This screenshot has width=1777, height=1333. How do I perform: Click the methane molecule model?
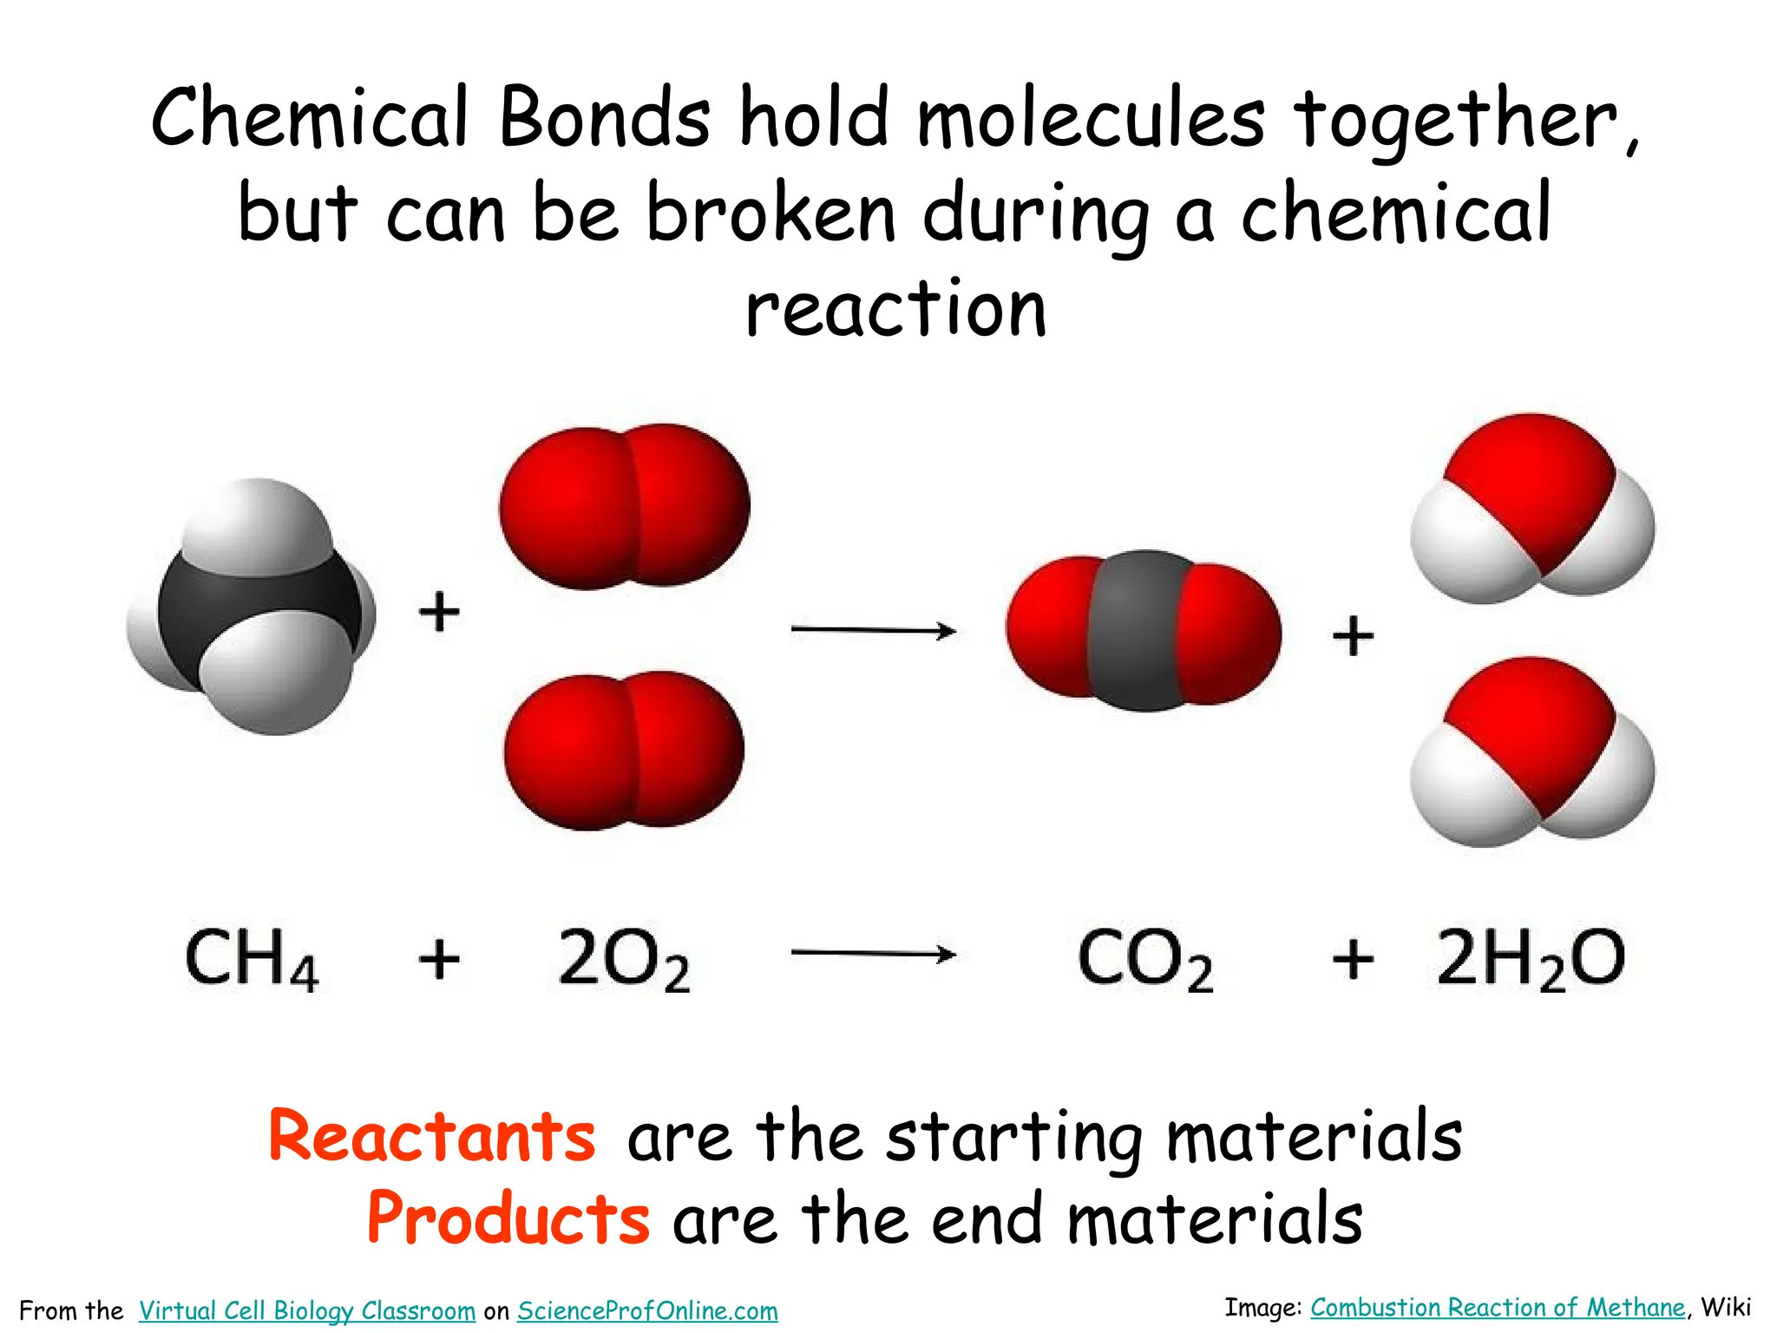[252, 607]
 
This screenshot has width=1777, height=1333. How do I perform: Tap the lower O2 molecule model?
[624, 750]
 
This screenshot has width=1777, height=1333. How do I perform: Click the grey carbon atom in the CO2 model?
[1144, 630]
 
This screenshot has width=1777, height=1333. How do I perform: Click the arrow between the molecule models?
[873, 630]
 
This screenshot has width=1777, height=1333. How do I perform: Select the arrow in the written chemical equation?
[873, 955]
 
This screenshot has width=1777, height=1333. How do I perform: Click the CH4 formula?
[252, 958]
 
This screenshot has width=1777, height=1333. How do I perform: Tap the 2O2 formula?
[624, 960]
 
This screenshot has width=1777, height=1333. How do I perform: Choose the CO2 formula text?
[1144, 960]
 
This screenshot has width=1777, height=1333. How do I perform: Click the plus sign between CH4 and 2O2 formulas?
[439, 960]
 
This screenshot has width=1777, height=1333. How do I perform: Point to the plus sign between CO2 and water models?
[1353, 636]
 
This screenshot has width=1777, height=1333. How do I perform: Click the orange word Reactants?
[432, 1137]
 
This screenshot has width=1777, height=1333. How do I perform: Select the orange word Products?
[508, 1218]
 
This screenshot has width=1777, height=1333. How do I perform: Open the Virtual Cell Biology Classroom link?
[307, 1310]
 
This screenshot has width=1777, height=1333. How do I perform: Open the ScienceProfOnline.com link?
[647, 1310]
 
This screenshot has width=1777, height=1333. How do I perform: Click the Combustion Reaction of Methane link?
[1498, 1308]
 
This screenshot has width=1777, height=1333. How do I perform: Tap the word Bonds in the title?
[605, 118]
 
